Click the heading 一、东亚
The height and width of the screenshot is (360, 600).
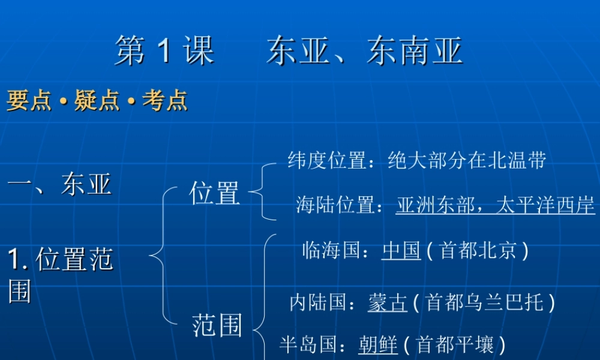click(x=59, y=184)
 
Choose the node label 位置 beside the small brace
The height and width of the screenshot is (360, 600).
click(x=214, y=193)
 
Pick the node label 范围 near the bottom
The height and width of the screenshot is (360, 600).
click(x=217, y=326)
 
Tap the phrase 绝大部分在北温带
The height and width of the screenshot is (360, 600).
click(x=467, y=161)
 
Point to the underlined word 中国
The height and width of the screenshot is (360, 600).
click(x=401, y=250)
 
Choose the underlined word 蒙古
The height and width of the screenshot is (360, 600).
click(x=387, y=302)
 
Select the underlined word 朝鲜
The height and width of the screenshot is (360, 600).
click(x=378, y=345)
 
